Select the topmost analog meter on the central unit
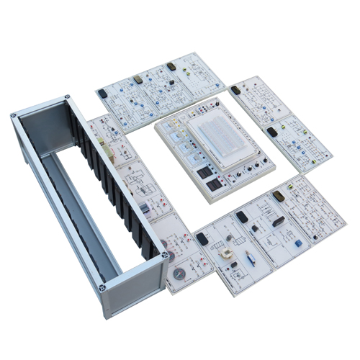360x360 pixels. (175, 129)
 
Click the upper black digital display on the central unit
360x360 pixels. (202, 173)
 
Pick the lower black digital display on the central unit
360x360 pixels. (214, 186)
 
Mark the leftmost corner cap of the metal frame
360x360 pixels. (15, 115)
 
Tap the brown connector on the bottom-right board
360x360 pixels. (278, 196)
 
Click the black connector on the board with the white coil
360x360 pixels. (203, 238)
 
